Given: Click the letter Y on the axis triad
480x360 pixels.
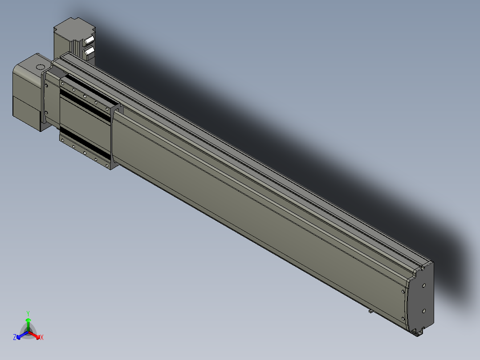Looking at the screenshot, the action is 28,313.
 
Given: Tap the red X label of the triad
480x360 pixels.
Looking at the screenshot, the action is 42,337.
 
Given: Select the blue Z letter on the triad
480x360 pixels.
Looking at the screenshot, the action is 14,337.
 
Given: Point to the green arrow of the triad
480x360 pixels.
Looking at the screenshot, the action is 28,324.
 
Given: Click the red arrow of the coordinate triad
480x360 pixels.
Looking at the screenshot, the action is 34,335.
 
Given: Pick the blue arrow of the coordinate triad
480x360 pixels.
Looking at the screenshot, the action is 22,335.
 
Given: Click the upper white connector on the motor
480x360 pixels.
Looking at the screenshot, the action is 89,40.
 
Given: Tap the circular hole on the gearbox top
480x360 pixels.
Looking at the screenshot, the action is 40,67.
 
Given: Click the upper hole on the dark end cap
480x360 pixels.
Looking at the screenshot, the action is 424,285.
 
